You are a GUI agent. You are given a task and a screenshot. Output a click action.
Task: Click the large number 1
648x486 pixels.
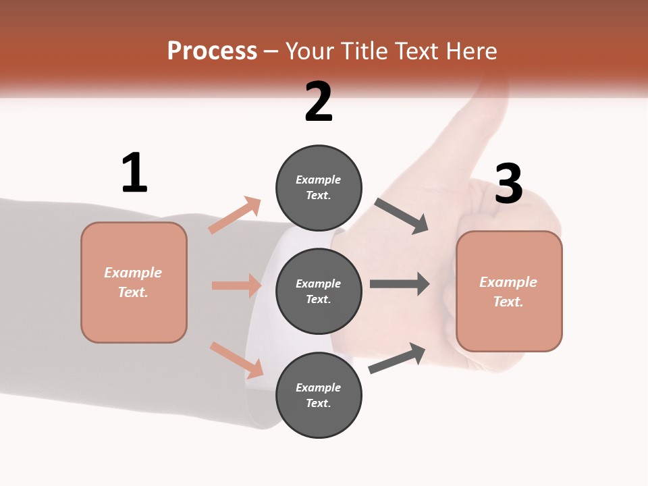[x=134, y=173]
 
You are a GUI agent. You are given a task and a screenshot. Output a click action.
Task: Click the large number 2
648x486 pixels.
[x=319, y=102]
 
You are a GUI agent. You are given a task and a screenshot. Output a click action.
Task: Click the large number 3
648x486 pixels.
[x=508, y=184]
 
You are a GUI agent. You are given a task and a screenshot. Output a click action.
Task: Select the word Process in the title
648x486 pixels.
[x=212, y=51]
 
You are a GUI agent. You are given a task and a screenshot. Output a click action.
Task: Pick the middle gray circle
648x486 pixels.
[x=319, y=291]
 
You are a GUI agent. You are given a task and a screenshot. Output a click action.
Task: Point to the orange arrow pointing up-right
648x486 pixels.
[x=235, y=215]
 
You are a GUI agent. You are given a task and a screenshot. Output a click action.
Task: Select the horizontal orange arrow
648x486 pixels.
[x=236, y=286]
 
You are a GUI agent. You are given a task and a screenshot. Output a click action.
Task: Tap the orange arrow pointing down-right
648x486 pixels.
[x=236, y=360]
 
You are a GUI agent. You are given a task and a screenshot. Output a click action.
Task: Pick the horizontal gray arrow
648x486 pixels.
[x=400, y=283]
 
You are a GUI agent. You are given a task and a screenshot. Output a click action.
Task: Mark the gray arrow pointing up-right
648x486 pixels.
[x=397, y=358]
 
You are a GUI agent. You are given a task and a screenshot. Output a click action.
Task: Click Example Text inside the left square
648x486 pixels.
[x=133, y=282]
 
